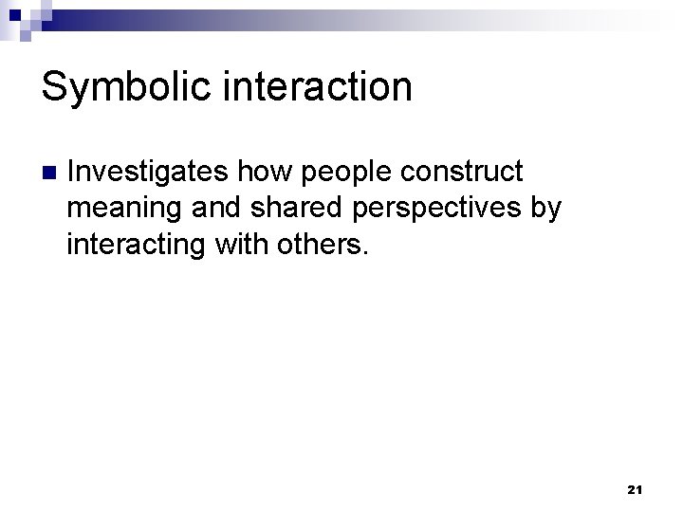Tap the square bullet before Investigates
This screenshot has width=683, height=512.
coord(49,174)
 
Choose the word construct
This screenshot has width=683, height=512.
coord(462,173)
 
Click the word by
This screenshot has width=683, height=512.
coord(545,209)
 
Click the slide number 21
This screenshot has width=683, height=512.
coord(636,489)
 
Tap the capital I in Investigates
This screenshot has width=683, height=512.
coord(72,173)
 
